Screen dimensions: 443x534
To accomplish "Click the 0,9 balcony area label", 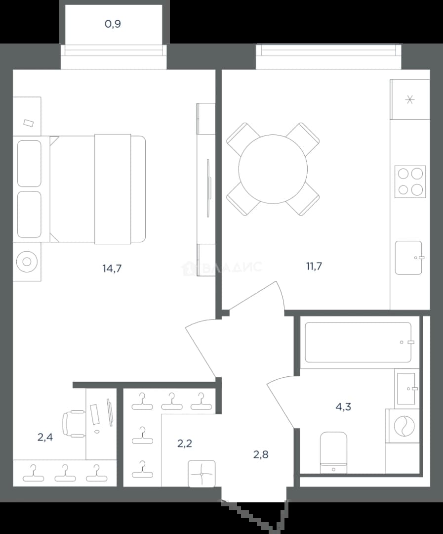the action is click(x=113, y=24).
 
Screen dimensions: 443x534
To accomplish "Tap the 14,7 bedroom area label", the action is click(x=112, y=268).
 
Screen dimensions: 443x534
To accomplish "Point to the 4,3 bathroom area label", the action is click(x=343, y=406).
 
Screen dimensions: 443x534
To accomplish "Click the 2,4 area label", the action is click(x=45, y=437).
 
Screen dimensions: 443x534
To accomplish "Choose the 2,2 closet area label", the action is click(x=185, y=444).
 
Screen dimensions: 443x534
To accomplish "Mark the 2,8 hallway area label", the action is click(x=261, y=454).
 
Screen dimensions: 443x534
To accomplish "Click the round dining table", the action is click(x=273, y=169).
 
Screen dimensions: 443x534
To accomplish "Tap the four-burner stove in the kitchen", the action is click(x=410, y=181).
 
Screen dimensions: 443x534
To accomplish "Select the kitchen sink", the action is click(x=409, y=258).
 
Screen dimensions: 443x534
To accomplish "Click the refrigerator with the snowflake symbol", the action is click(x=410, y=99).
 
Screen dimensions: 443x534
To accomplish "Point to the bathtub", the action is click(x=358, y=342).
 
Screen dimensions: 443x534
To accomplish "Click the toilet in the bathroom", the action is click(x=334, y=453).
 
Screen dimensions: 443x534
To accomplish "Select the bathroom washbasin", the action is click(x=406, y=389).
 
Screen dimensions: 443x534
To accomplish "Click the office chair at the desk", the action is click(x=74, y=423).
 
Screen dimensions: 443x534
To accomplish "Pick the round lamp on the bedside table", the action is click(x=27, y=262).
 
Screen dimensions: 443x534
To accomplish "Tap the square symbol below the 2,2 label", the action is click(x=202, y=473).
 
